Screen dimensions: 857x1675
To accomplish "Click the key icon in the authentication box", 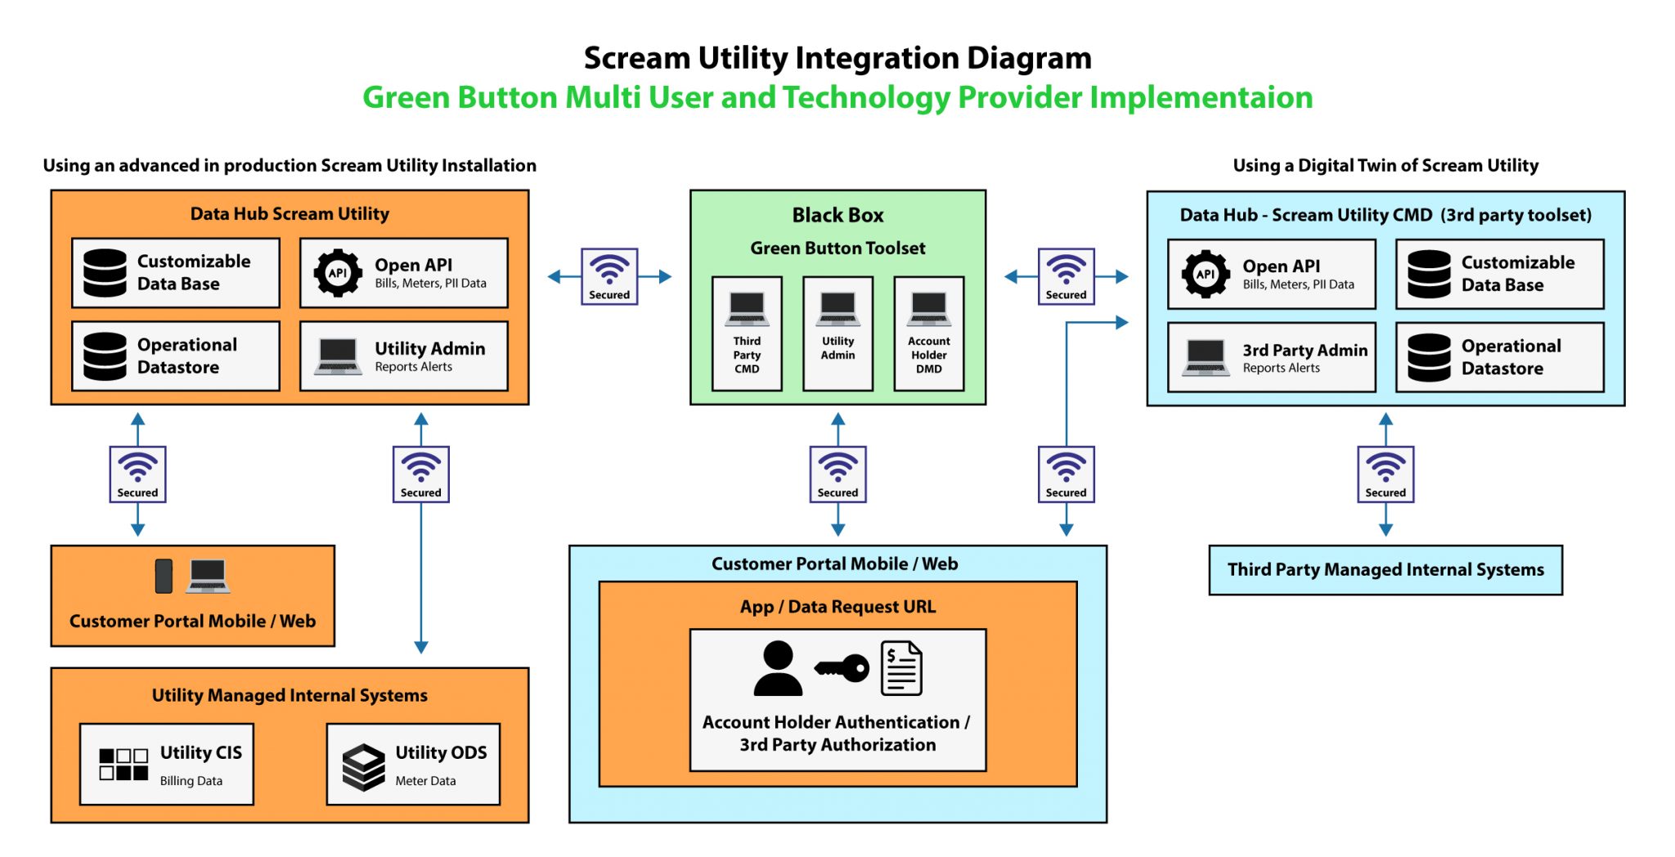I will coord(842,669).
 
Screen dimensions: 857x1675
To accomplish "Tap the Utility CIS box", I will coord(167,764).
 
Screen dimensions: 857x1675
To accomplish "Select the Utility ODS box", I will coord(413,764).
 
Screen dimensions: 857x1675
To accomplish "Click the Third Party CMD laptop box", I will coord(746,334).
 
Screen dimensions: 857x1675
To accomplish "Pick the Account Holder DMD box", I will coord(928,334).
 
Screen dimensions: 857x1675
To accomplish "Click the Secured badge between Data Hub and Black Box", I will coord(609,276).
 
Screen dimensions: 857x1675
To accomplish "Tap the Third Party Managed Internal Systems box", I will coord(1385,570).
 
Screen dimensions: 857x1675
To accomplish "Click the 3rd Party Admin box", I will coord(1271,357).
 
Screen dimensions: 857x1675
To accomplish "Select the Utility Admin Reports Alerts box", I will coord(403,356).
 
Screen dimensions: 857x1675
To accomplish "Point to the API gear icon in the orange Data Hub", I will coord(338,273).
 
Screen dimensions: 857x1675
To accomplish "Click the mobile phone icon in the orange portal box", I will coord(164,576).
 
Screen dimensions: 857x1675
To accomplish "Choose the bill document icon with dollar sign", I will coord(901,669).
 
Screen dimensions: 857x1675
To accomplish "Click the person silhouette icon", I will coord(777,669).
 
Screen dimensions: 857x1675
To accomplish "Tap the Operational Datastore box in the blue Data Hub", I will coord(1499,357).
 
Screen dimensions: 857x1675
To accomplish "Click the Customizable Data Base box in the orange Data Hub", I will coord(176,273).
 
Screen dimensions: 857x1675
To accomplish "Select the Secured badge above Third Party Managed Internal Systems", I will coord(1385,474).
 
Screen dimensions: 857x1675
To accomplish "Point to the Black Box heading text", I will coord(837,215).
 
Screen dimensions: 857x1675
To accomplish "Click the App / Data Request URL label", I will coord(837,607).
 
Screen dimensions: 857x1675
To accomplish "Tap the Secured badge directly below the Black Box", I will coord(837,474).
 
